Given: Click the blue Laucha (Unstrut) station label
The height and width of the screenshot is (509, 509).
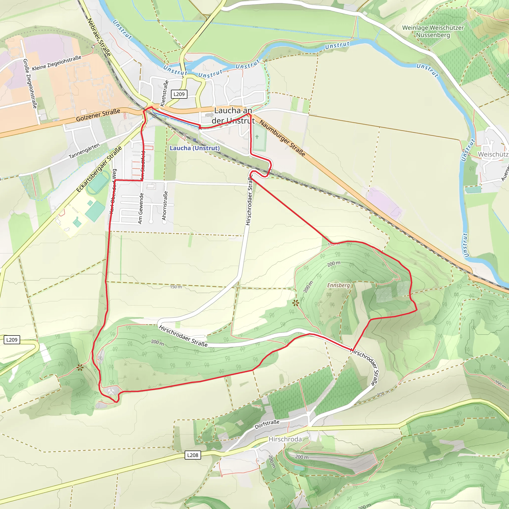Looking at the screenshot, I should (x=194, y=148).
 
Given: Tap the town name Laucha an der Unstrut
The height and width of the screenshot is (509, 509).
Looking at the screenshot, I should (x=233, y=115).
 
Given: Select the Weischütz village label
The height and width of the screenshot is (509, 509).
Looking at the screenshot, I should (x=493, y=154).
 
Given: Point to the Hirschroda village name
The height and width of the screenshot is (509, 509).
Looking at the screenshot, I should (x=285, y=439).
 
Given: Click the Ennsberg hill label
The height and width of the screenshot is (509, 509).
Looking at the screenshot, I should (x=338, y=285).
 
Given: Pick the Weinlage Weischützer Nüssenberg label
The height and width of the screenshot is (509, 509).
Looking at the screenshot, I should (x=433, y=31).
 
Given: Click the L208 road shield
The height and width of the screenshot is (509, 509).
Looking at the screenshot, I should (x=193, y=455).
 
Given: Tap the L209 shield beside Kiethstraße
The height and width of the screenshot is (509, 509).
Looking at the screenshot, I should (x=179, y=94).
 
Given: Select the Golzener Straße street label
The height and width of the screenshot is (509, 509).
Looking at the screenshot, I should (x=98, y=115).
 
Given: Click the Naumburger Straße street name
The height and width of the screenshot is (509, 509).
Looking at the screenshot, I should (x=282, y=138).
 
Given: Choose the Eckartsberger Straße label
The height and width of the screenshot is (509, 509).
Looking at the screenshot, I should (x=99, y=169).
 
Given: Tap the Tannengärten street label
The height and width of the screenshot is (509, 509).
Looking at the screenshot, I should (x=84, y=151).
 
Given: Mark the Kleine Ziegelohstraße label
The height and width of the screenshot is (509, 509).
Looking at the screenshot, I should (x=57, y=63).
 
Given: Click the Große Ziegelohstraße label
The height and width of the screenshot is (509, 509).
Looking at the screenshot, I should (x=30, y=84).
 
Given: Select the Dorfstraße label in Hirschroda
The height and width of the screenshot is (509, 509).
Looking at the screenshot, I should (x=267, y=424).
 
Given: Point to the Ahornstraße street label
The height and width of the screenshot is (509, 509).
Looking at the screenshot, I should (x=165, y=206).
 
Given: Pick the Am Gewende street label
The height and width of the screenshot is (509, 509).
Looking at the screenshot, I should (x=141, y=208).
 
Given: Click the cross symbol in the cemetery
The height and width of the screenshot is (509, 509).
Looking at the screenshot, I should (x=257, y=137).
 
